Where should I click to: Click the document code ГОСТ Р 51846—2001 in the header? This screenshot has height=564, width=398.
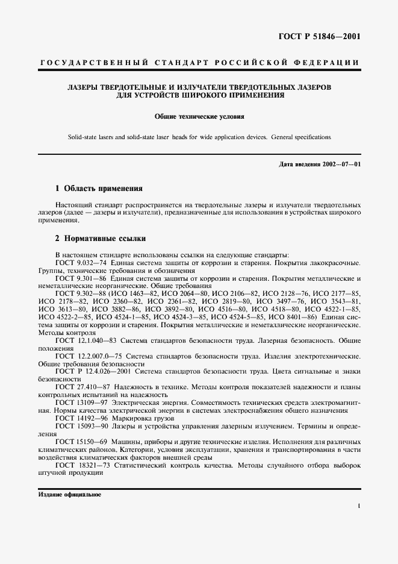326,36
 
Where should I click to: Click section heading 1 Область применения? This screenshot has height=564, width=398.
99,188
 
